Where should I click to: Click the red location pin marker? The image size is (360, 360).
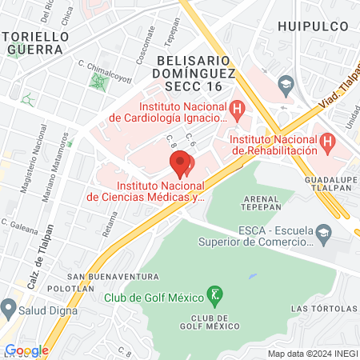181,166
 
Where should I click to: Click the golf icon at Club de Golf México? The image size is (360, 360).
214,296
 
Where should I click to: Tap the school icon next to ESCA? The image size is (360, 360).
324,235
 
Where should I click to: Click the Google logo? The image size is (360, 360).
26,350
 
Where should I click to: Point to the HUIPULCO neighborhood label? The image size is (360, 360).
314,26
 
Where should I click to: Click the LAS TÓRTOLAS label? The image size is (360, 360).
319,308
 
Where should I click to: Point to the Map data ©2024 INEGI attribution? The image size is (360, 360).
312,353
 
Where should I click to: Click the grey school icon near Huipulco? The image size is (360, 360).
286,83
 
